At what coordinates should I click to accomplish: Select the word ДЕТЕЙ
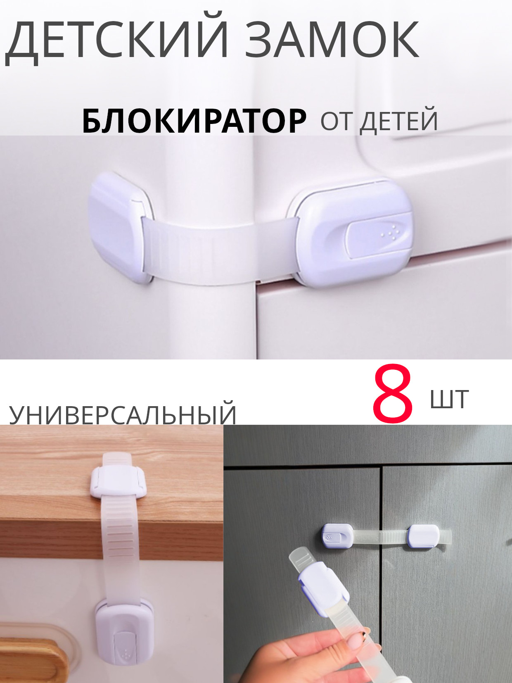tap(399, 121)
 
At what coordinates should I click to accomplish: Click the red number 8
tap(393, 395)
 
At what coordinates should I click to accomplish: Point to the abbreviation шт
tap(450, 399)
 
